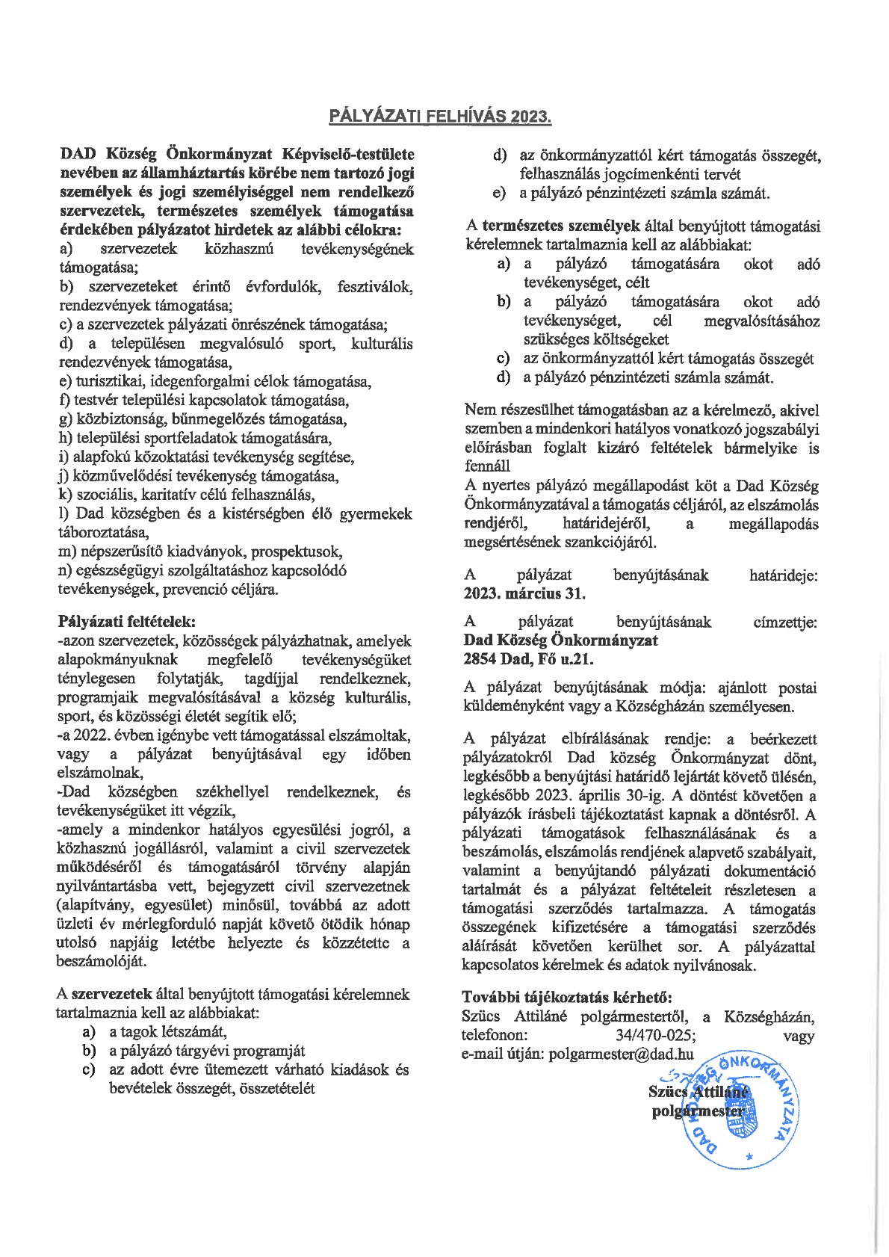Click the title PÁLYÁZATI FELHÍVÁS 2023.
[x=440, y=117]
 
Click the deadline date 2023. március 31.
[x=524, y=594]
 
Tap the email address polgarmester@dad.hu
[x=621, y=1054]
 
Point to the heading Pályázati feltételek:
[x=126, y=622]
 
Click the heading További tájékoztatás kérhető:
[x=567, y=997]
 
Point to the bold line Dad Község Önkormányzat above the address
[x=560, y=640]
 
